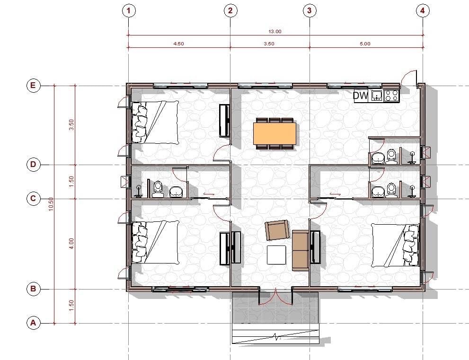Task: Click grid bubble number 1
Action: [129, 11]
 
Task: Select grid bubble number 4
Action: [422, 11]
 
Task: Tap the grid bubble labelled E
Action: [33, 86]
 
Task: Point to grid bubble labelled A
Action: [33, 323]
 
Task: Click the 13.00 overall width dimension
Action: [275, 31]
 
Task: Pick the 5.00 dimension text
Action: [365, 44]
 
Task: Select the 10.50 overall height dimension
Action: [51, 204]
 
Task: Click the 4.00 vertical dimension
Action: [71, 244]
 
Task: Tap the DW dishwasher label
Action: [361, 96]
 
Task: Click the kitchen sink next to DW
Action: [377, 96]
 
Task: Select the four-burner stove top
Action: [391, 96]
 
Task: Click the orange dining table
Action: [275, 133]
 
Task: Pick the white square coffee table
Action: [276, 255]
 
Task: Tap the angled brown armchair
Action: [278, 230]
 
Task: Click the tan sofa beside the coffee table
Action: [301, 251]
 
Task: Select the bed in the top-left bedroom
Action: [155, 122]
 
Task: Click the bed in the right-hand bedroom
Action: [395, 245]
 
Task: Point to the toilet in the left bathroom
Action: [157, 189]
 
